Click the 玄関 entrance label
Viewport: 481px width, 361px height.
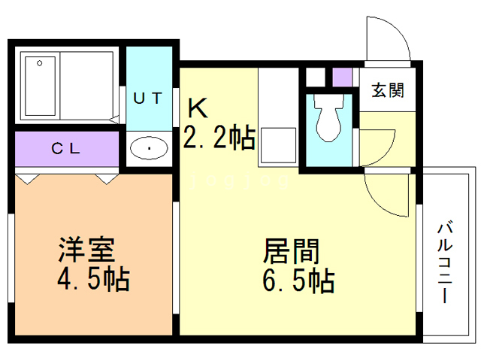coord(387,91)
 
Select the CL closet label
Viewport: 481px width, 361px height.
coord(66,148)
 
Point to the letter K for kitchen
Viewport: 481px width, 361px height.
coord(198,108)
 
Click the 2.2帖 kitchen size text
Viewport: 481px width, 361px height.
coord(219,138)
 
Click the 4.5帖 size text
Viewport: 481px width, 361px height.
coord(92,280)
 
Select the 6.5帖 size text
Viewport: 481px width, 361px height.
coord(298,281)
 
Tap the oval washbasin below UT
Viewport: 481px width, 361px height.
coord(150,148)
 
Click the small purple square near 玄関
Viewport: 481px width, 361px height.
coord(342,77)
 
